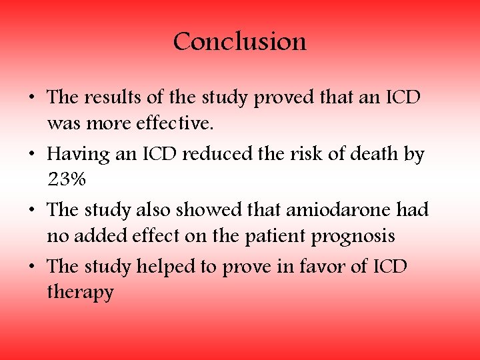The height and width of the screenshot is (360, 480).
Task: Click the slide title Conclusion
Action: [240, 42]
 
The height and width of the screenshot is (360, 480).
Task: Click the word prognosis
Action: [355, 237]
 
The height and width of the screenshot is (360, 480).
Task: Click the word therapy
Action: [80, 293]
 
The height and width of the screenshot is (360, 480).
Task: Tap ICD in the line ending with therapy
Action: [391, 267]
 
